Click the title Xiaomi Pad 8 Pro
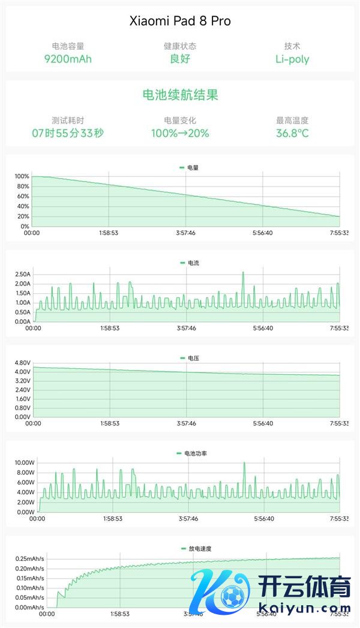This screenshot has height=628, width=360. coord(180,22)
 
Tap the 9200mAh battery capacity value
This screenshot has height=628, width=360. coord(68,59)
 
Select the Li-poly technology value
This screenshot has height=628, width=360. coord(292,59)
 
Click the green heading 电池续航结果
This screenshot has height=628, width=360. coord(180,95)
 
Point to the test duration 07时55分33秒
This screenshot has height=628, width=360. coord(68,133)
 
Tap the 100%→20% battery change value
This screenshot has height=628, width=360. coord(180,133)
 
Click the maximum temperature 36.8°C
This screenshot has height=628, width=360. coord(292,133)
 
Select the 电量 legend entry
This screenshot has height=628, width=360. coord(189,168)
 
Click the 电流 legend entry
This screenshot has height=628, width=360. coord(189,263)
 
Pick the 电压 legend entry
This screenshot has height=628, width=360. coord(189,358)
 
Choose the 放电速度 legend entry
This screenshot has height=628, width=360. coord(196,548)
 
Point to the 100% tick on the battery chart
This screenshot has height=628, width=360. coord(22,176)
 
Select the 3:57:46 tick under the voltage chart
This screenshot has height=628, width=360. coord(187,423)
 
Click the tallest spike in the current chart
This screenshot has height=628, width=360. coord(243,273)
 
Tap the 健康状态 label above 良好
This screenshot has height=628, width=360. coord(180,46)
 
